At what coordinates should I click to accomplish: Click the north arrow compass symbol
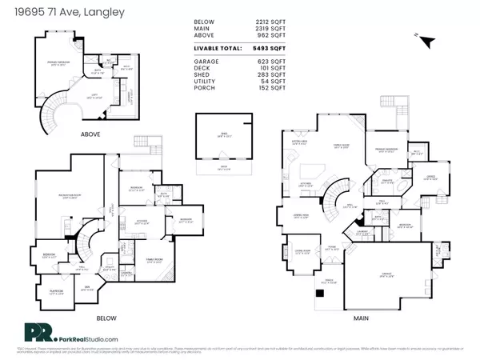tap(427, 41)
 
